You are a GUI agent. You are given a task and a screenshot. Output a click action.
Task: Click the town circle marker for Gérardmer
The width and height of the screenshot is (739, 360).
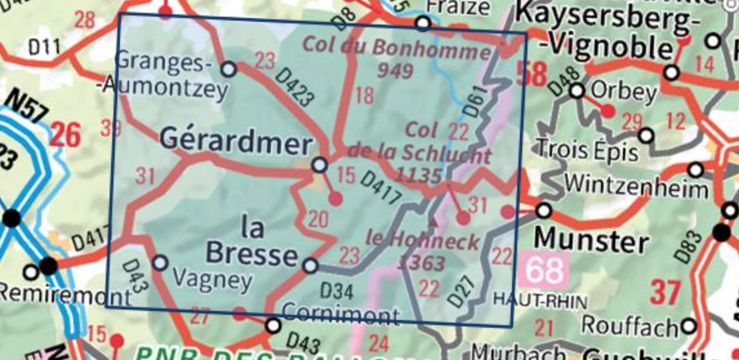[x=319, y=165]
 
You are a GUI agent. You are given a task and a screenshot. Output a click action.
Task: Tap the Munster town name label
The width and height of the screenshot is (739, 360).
[x=591, y=241]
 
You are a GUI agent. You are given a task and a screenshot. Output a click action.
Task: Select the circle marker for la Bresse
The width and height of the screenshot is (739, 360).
[x=310, y=265]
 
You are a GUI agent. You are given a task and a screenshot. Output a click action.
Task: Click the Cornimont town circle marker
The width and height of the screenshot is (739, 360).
[x=273, y=325]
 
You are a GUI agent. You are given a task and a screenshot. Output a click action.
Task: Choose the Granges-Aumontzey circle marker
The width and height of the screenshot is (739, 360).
[x=228, y=68]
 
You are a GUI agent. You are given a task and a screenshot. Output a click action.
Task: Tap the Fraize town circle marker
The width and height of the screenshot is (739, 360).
[x=422, y=24]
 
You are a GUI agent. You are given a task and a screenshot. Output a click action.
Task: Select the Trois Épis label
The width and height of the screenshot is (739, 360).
[x=587, y=150]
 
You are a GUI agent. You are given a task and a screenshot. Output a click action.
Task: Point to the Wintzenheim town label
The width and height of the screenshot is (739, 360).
[x=636, y=187]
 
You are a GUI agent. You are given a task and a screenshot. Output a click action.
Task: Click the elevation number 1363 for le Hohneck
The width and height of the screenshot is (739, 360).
[x=422, y=263]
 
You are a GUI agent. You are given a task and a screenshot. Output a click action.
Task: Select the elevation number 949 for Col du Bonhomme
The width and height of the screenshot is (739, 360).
[x=395, y=70]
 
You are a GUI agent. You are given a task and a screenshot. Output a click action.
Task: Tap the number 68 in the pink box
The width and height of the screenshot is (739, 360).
[x=544, y=270]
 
